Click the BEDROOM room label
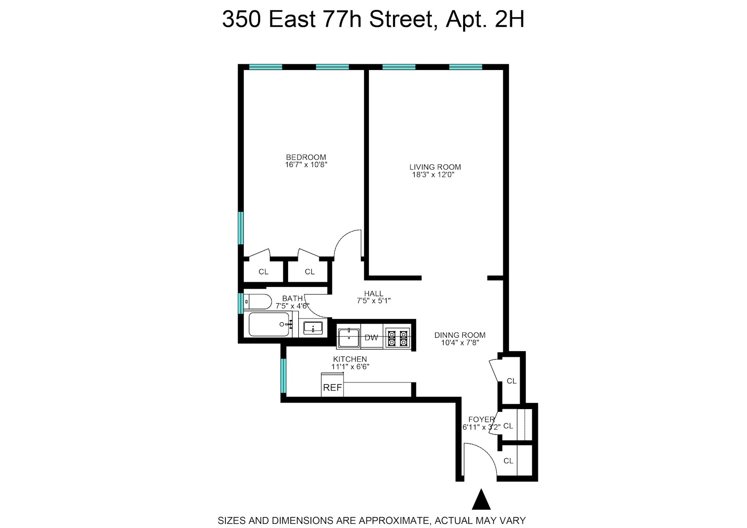[x=306, y=157]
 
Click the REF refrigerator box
[x=332, y=387]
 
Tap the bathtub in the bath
[x=268, y=324]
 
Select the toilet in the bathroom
[x=258, y=301]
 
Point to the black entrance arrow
[x=481, y=500]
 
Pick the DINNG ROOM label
[x=460, y=335]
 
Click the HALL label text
[x=373, y=293]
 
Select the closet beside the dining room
[x=511, y=381]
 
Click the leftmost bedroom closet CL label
[x=263, y=271]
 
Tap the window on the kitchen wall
[x=283, y=376]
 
